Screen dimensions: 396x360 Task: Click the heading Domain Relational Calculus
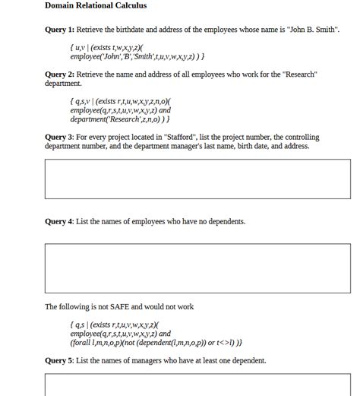(x=96, y=6)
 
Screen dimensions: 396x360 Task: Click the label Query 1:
(x=60, y=30)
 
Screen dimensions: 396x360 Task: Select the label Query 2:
(x=60, y=74)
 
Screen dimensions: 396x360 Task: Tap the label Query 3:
(x=60, y=138)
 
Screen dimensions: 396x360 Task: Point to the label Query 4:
(x=60, y=222)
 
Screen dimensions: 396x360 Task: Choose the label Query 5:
(x=60, y=360)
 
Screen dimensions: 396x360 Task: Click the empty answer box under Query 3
(x=197, y=179)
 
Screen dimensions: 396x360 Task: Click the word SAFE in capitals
(x=120, y=307)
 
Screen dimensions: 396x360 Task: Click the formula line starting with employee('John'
(x=137, y=57)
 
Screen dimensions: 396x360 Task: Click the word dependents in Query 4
(x=226, y=222)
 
